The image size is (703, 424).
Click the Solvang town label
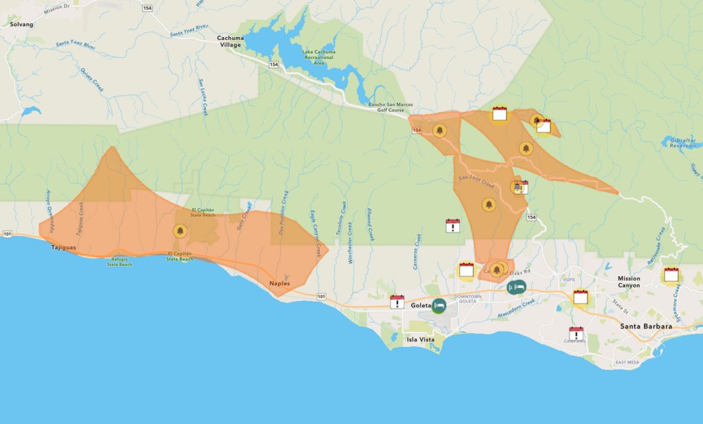pos(21,24)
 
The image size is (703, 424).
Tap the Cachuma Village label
pos(229,41)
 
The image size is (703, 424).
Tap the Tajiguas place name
pos(64,247)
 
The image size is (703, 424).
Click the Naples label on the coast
pos(279,283)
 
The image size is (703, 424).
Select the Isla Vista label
pos(421,339)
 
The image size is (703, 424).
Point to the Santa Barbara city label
pos(646,326)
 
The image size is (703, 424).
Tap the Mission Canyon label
pos(628,282)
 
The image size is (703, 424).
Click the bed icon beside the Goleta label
pos(439,306)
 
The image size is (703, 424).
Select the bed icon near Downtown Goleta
pos(516,287)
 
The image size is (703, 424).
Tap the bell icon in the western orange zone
pos(181,231)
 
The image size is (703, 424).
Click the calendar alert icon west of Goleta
pos(397,302)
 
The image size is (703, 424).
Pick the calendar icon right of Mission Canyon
pos(671,275)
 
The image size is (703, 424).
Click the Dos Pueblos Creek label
pos(285,212)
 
